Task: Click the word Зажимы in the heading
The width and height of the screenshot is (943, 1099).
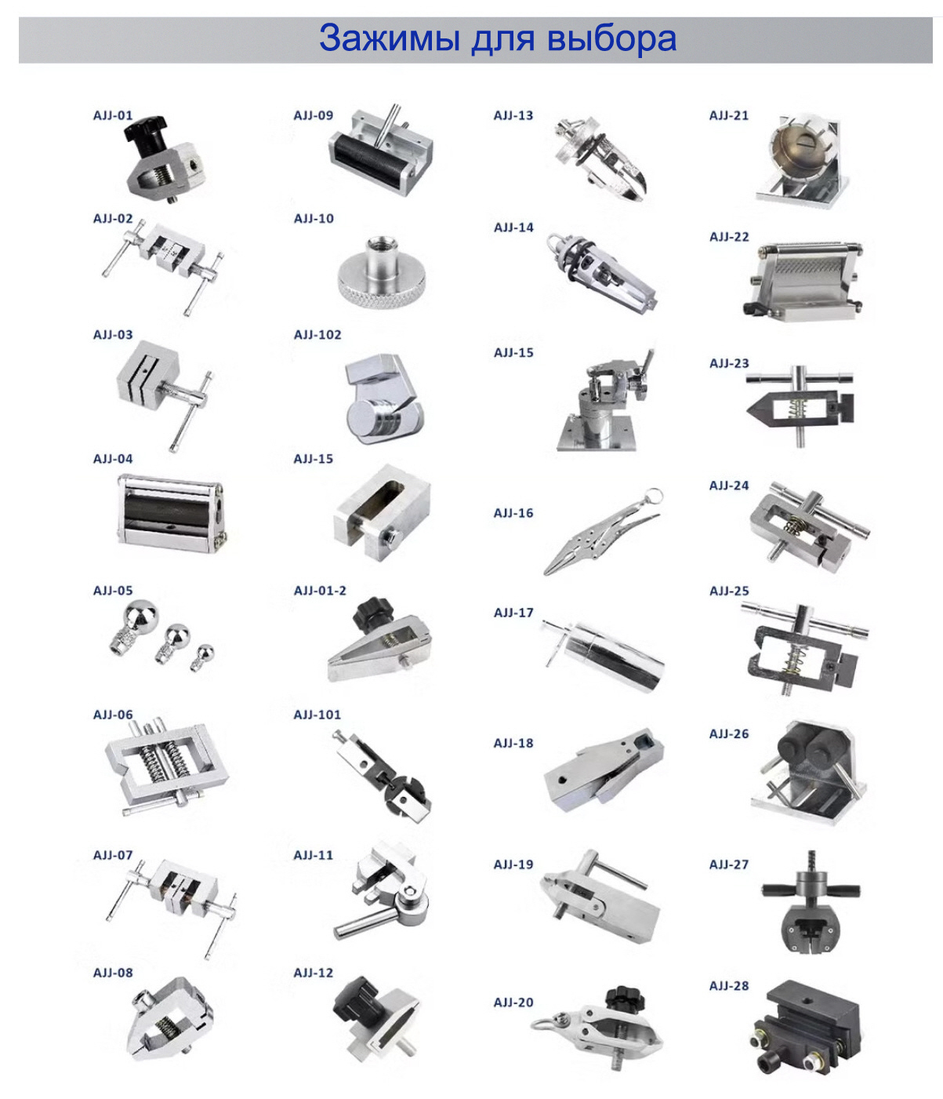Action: pyautogui.click(x=389, y=38)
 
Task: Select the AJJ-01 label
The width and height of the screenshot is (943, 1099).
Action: pyautogui.click(x=113, y=115)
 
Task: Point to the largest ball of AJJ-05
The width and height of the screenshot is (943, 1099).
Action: pyautogui.click(x=140, y=616)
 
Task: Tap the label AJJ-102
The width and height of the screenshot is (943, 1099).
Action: pyautogui.click(x=317, y=334)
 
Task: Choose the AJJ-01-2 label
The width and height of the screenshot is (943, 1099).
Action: pyautogui.click(x=320, y=590)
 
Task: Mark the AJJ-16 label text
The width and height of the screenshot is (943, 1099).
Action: pyautogui.click(x=513, y=512)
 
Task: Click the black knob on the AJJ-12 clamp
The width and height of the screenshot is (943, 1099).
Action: pyautogui.click(x=356, y=1004)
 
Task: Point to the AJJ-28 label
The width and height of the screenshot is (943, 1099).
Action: pyautogui.click(x=729, y=985)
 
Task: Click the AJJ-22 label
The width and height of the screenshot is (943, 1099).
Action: pyautogui.click(x=729, y=237)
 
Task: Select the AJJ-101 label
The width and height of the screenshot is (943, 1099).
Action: pyautogui.click(x=317, y=715)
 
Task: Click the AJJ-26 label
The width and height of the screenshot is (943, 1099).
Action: pyautogui.click(x=729, y=733)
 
